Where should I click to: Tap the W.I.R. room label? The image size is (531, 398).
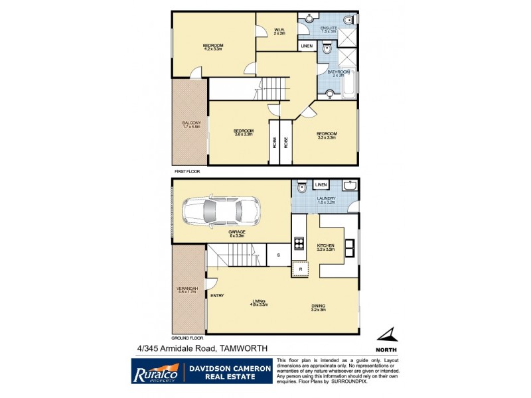click(279, 31)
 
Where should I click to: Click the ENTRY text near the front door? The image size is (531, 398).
click(218, 295)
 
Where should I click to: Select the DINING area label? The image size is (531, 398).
click(319, 307)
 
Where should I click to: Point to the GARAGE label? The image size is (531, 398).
click(237, 232)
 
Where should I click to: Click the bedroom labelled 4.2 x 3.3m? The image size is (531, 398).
click(212, 46)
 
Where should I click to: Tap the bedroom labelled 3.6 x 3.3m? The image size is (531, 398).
click(244, 132)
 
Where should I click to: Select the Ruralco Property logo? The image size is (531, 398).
click(154, 371)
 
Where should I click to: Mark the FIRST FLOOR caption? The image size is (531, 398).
click(188, 171)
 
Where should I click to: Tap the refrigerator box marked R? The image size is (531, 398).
click(300, 268)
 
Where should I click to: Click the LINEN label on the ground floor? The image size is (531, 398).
click(321, 184)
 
